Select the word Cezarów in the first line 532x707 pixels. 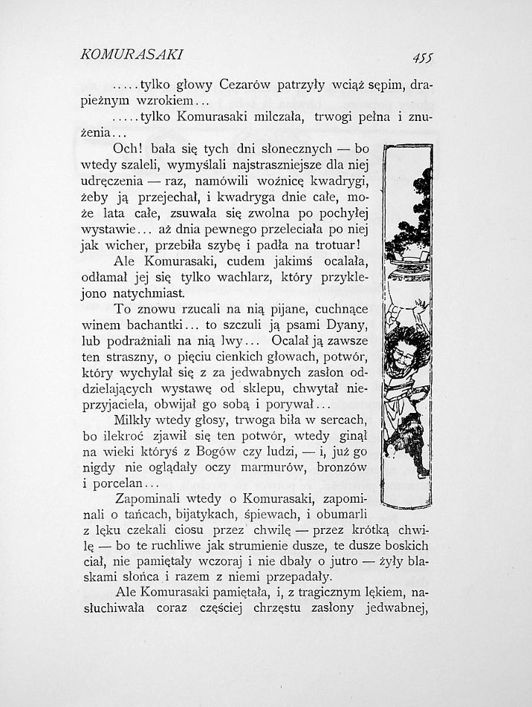click(247, 85)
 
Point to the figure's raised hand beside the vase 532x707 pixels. click(421, 304)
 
